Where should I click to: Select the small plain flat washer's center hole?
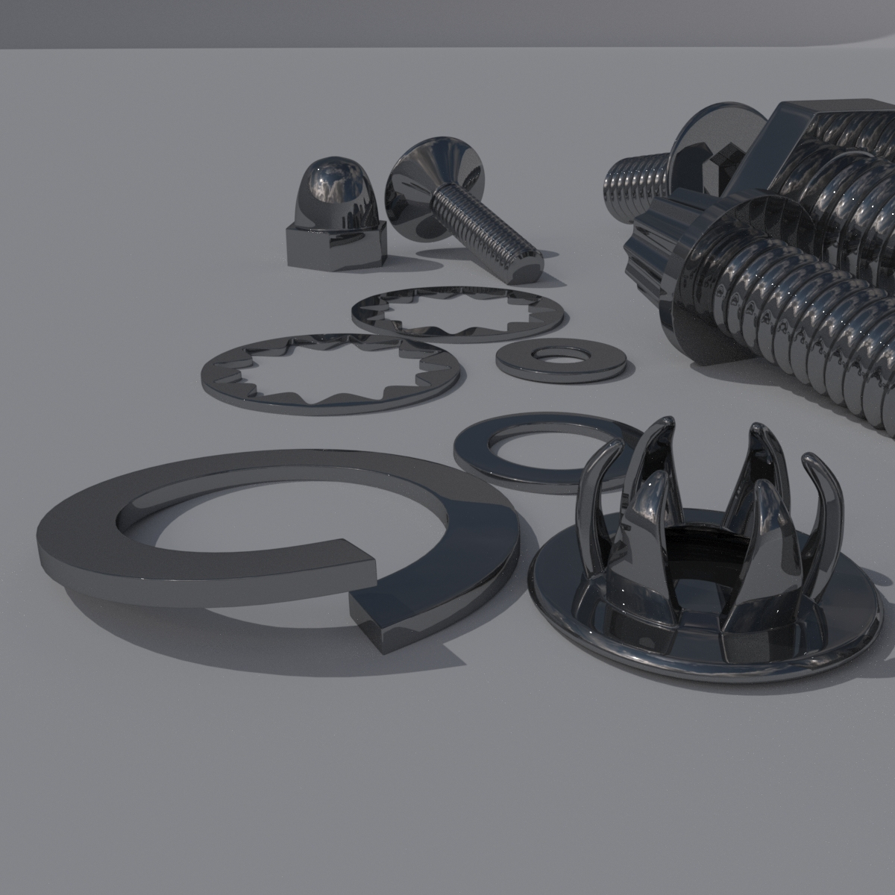point(560,354)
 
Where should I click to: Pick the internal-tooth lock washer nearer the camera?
point(328,373)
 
